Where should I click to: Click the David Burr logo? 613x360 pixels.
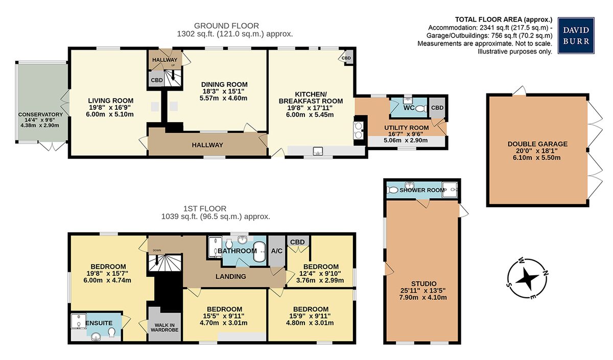pyautogui.click(x=576, y=35)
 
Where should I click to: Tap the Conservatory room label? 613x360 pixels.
pyautogui.click(x=40, y=114)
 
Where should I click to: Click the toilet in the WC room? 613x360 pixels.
pyautogui.click(x=421, y=109)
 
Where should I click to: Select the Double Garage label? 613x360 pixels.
pyautogui.click(x=537, y=144)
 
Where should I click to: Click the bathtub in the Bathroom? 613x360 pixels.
pyautogui.click(x=260, y=251)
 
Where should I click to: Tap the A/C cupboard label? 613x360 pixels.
pyautogui.click(x=277, y=251)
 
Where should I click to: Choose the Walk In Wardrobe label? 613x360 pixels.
pyautogui.click(x=164, y=327)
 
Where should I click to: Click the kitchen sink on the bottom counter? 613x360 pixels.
pyautogui.click(x=318, y=151)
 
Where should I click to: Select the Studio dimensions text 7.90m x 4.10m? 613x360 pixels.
pyautogui.click(x=423, y=297)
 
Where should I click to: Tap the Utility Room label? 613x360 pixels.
pyautogui.click(x=407, y=128)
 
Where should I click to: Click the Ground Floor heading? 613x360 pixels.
pyautogui.click(x=226, y=26)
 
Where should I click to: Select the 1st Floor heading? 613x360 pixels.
pyautogui.click(x=205, y=209)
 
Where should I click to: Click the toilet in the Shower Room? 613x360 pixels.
pyautogui.click(x=393, y=189)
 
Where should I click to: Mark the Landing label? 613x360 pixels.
pyautogui.click(x=231, y=277)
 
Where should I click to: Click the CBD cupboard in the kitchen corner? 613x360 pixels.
pyautogui.click(x=347, y=58)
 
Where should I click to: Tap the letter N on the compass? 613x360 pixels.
pyautogui.click(x=546, y=273)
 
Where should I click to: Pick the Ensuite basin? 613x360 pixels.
pyautogui.click(x=96, y=336)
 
